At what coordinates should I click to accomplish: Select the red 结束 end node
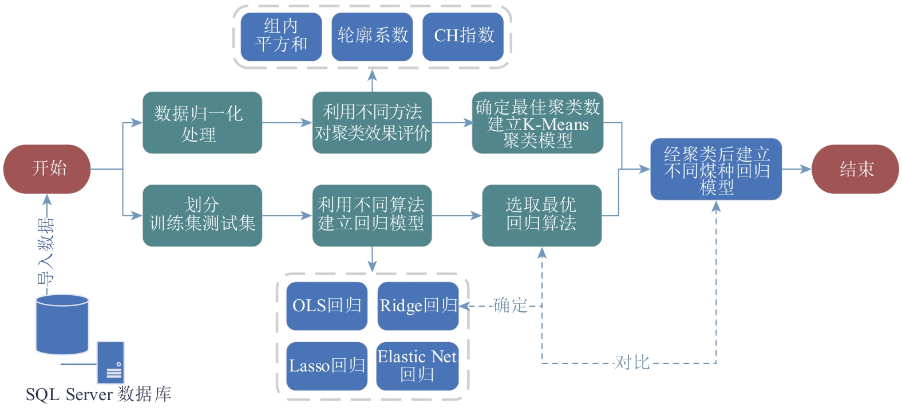[855, 169]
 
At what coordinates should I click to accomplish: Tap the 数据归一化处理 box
[202, 123]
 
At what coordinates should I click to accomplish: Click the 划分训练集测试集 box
[202, 215]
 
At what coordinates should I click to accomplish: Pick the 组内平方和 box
[281, 36]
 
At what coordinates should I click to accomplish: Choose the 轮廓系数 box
[372, 36]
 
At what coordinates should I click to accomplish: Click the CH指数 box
[463, 36]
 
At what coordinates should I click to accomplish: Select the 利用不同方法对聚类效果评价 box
[372, 123]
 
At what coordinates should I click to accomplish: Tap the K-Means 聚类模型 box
[537, 123]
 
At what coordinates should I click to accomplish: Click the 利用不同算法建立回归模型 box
[372, 215]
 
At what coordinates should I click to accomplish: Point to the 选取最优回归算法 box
[541, 215]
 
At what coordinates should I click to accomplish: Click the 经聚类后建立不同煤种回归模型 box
[716, 169]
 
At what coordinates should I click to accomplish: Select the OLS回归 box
[327, 306]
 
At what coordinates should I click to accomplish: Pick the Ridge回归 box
[418, 306]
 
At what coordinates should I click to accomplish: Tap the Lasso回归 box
[327, 366]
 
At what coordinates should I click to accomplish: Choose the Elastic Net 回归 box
[417, 366]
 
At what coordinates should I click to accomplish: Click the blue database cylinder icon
[62, 324]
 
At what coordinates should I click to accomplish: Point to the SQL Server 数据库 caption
[98, 394]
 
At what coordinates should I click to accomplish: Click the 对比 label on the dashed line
[632, 362]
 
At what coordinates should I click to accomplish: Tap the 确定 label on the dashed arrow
[510, 305]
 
